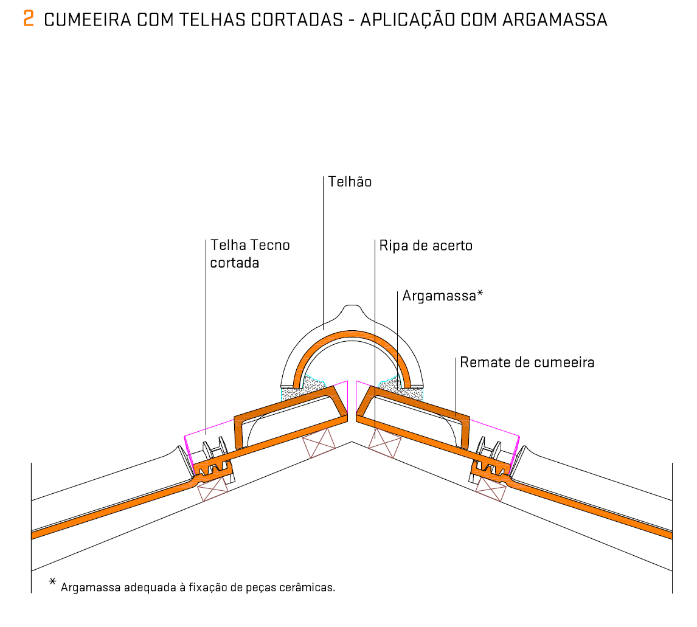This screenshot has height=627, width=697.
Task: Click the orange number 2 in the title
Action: pyautogui.click(x=29, y=19)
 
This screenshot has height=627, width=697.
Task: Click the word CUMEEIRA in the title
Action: pyautogui.click(x=88, y=20)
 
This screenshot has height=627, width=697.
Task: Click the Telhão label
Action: pyautogui.click(x=349, y=181)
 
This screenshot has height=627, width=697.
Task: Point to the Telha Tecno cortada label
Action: pyautogui.click(x=250, y=254)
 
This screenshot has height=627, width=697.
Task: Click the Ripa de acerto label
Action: pyautogui.click(x=425, y=246)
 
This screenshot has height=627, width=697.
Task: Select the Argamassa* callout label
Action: pyautogui.click(x=442, y=296)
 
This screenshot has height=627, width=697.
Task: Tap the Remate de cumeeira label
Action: pyautogui.click(x=527, y=362)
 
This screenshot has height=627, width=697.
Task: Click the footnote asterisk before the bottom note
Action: pyautogui.click(x=52, y=581)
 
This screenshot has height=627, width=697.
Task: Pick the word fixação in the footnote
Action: pyautogui.click(x=209, y=588)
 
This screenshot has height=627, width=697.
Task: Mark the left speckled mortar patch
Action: pyautogui.click(x=300, y=389)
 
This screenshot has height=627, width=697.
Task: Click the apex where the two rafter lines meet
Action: pyautogui.click(x=352, y=442)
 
